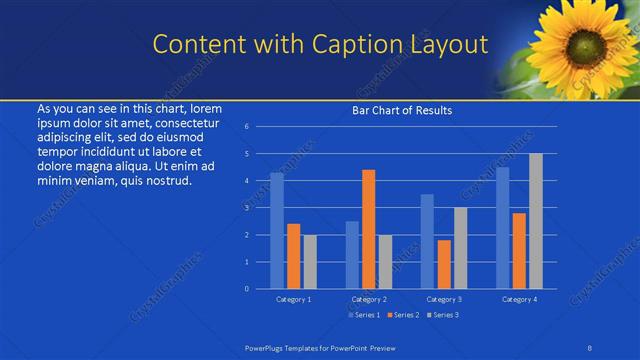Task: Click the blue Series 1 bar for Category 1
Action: pyautogui.click(x=277, y=231)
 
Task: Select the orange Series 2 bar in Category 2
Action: pyautogui.click(x=368, y=229)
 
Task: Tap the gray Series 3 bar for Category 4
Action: pyautogui.click(x=536, y=221)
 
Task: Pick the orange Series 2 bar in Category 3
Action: pyautogui.click(x=444, y=264)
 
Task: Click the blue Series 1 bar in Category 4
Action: pyautogui.click(x=503, y=228)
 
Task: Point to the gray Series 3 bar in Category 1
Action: pyautogui.click(x=310, y=262)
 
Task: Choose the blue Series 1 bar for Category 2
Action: pyautogui.click(x=352, y=255)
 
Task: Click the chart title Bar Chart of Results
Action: pyautogui.click(x=402, y=110)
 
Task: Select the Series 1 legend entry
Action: pyautogui.click(x=362, y=315)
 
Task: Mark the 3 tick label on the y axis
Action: pyautogui.click(x=247, y=208)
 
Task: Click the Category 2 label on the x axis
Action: pyautogui.click(x=368, y=299)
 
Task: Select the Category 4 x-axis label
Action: pyautogui.click(x=519, y=299)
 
